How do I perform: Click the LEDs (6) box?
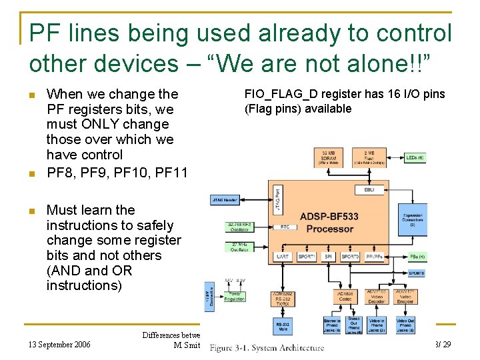point(414,157)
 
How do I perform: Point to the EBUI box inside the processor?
point(369,190)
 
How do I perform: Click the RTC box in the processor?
point(285,227)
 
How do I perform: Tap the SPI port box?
point(327,256)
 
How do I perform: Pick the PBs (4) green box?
point(417,257)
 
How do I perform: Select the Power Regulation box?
point(234,296)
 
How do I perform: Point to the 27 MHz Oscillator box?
point(239,247)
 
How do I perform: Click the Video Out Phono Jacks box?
point(405,325)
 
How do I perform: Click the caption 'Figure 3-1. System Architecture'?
point(267,347)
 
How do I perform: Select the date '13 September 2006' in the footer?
point(61,345)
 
